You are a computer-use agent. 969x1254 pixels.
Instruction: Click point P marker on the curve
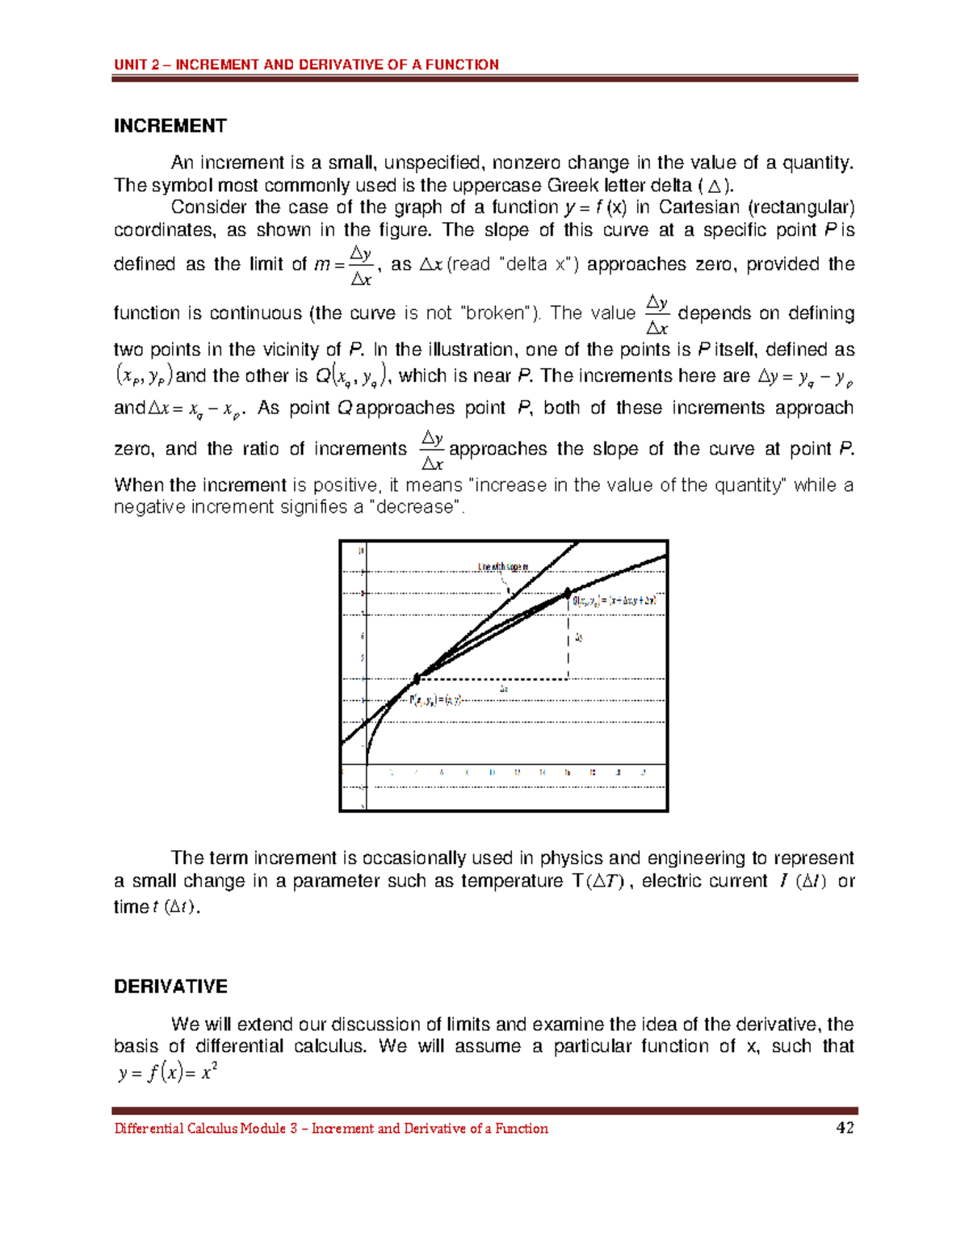click(x=417, y=678)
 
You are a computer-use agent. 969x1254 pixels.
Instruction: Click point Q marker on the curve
click(x=568, y=593)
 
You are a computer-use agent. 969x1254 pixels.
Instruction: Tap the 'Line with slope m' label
click(x=503, y=567)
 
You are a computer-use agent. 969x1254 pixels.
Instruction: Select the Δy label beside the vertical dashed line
click(x=579, y=638)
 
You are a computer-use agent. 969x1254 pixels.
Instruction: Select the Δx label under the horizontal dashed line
click(x=504, y=689)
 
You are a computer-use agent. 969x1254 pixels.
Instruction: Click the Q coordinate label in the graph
click(x=615, y=601)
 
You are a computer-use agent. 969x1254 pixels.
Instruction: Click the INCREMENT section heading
click(x=170, y=126)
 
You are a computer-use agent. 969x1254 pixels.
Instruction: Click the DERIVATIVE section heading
click(x=170, y=987)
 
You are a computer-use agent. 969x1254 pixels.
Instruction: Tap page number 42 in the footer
click(x=845, y=1128)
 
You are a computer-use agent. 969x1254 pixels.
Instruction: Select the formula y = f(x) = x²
click(x=168, y=1073)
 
